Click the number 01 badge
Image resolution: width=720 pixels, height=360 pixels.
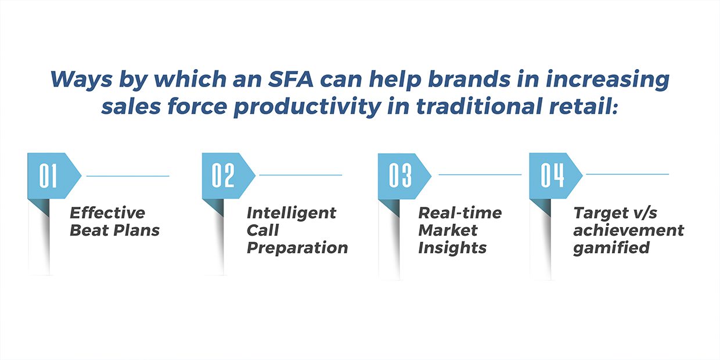(x=54, y=176)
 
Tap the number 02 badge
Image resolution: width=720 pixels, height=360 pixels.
(x=228, y=175)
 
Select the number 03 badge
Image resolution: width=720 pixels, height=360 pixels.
(x=404, y=176)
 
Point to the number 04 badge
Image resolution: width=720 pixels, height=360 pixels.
(x=556, y=175)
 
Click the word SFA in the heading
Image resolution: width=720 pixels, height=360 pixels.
(x=290, y=79)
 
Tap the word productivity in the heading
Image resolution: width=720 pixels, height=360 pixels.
(x=307, y=107)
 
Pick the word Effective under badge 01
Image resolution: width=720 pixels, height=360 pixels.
(x=107, y=213)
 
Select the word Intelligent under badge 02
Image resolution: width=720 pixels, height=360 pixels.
(x=291, y=214)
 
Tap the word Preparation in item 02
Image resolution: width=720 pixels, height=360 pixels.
(x=297, y=249)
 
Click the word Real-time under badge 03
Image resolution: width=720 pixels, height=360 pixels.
(x=460, y=213)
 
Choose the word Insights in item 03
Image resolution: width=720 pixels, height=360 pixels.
(x=452, y=249)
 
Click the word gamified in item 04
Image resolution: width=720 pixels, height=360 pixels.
(x=611, y=249)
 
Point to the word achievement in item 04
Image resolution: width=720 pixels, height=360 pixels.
(x=629, y=230)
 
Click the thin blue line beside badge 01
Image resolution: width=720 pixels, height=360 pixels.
(x=128, y=176)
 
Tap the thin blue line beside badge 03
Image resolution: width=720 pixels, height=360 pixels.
(x=480, y=175)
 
